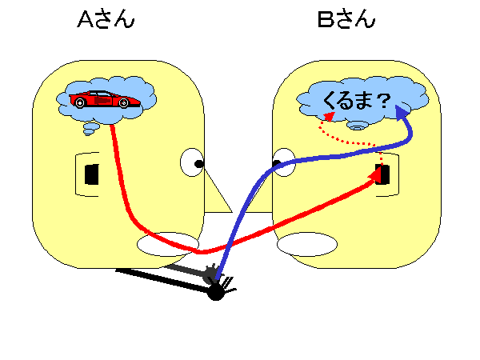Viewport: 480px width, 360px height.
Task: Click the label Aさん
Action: point(106,19)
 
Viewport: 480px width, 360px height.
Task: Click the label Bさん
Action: point(346,19)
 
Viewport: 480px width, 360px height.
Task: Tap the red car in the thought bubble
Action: point(105,99)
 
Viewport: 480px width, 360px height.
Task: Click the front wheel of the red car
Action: point(124,103)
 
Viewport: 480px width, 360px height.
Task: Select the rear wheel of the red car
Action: point(80,102)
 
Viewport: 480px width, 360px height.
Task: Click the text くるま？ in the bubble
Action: point(357,101)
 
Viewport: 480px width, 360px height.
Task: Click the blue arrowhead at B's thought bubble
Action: point(402,112)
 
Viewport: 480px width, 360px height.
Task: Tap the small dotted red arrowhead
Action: point(330,116)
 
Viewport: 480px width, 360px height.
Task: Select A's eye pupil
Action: point(199,164)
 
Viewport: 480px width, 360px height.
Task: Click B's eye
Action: point(283,162)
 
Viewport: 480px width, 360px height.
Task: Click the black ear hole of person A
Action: point(91,174)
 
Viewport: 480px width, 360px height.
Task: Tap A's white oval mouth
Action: point(168,244)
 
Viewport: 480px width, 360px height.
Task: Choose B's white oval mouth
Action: point(307,244)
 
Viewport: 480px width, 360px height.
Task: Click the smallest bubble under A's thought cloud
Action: point(89,132)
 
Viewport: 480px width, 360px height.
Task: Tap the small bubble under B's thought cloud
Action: point(357,126)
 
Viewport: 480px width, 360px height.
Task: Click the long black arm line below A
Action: point(162,281)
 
